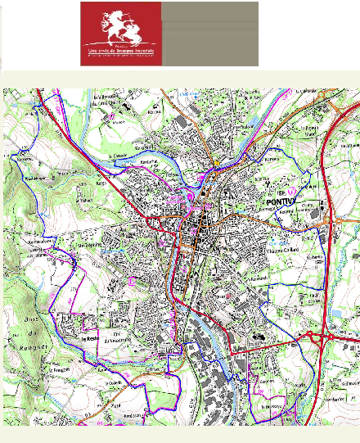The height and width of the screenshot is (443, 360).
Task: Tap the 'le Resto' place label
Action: (x=89, y=337)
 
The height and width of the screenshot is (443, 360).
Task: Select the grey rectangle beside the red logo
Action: (x=209, y=34)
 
